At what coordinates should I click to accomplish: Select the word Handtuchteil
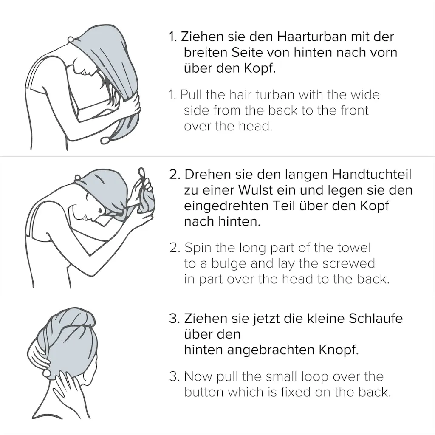pos(371,175)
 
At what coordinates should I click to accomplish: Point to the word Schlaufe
pos(376,319)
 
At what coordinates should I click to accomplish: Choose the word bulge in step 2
pos(229,264)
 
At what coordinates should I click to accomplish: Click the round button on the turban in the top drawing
pos(71,40)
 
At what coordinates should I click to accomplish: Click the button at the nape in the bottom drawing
pos(46,373)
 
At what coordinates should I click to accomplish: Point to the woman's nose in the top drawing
pos(84,73)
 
